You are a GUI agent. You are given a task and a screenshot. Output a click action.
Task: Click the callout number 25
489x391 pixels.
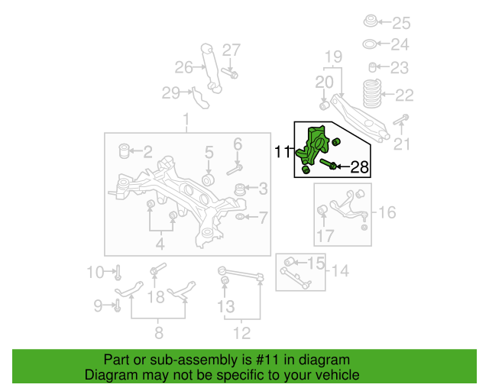pyautogui.click(x=401, y=23)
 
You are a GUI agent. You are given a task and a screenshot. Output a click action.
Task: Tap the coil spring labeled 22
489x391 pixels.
pyautogui.click(x=372, y=94)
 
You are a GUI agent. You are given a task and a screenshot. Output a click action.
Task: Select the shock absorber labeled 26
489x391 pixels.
pyautogui.click(x=211, y=68)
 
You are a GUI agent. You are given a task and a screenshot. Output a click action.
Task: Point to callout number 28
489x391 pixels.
pyautogui.click(x=360, y=167)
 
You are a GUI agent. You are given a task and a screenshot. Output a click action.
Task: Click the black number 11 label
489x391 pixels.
pyautogui.click(x=282, y=152)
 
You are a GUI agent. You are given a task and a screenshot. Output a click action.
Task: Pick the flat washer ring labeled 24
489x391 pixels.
pyautogui.click(x=369, y=44)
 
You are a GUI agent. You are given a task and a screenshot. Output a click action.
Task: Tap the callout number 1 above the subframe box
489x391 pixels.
pyautogui.click(x=186, y=120)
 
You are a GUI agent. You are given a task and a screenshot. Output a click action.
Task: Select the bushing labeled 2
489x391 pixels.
pyautogui.click(x=125, y=151)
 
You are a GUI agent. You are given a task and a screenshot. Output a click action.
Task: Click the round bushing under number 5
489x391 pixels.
pyautogui.click(x=208, y=180)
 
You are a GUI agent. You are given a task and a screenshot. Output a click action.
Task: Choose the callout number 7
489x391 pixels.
pyautogui.click(x=264, y=218)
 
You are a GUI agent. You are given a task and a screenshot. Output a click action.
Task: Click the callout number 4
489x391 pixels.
pyautogui.click(x=160, y=244)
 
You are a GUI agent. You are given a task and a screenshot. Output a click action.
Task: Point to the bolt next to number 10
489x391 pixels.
pyautogui.click(x=118, y=273)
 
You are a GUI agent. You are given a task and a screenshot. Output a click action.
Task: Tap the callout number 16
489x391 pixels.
pyautogui.click(x=387, y=212)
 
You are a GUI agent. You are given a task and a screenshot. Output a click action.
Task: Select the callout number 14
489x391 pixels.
pyautogui.click(x=340, y=270)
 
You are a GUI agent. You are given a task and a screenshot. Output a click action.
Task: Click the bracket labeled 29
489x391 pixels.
pyautogui.click(x=199, y=99)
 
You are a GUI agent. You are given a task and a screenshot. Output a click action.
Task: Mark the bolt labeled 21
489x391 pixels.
pyautogui.click(x=400, y=120)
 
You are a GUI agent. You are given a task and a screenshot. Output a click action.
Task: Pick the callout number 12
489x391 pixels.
pyautogui.click(x=241, y=333)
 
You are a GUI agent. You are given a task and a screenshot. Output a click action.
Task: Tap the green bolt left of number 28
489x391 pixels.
pyautogui.click(x=328, y=163)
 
